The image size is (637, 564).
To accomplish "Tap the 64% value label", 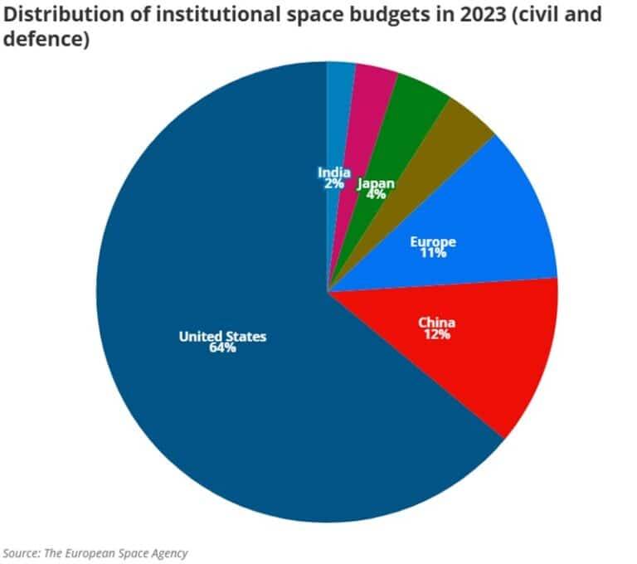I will pos(222,348).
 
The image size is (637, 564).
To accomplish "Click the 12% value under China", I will pos(436,334).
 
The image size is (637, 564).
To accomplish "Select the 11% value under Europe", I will pos(433,253).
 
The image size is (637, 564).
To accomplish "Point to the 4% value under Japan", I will pos(376,195).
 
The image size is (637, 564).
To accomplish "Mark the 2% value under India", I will pos(333,183).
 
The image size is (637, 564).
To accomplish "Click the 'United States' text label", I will pos(222,336).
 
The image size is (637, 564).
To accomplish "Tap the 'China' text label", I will pos(436,322).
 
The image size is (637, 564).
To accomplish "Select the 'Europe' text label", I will pos(433,241).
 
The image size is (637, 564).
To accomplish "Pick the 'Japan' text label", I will pos(376,183).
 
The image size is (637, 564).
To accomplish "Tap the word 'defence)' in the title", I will pos(46,39).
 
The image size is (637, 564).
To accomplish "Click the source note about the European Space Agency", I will pos(95,552).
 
